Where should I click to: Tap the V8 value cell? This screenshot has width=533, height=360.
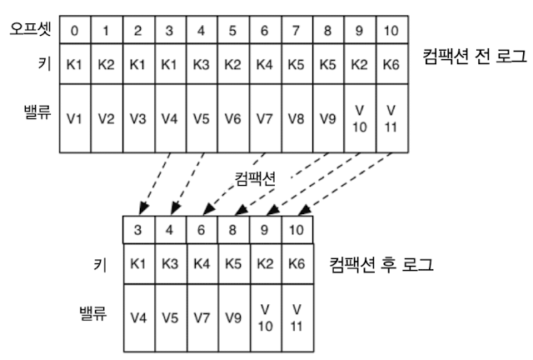[293, 118]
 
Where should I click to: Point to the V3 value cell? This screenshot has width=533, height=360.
[138, 118]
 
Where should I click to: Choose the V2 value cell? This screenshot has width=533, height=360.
[107, 118]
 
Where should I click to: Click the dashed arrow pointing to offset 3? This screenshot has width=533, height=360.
[156, 181]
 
